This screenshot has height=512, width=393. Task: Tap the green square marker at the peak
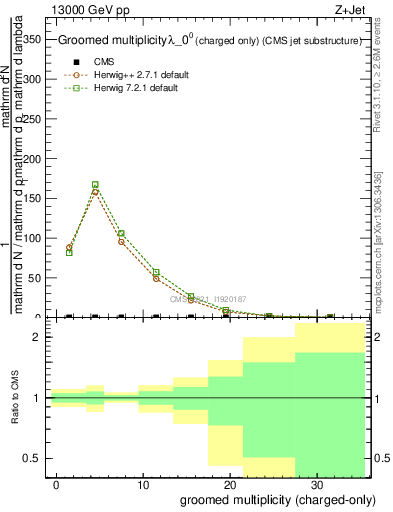(95, 185)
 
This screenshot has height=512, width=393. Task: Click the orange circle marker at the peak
(95, 191)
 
